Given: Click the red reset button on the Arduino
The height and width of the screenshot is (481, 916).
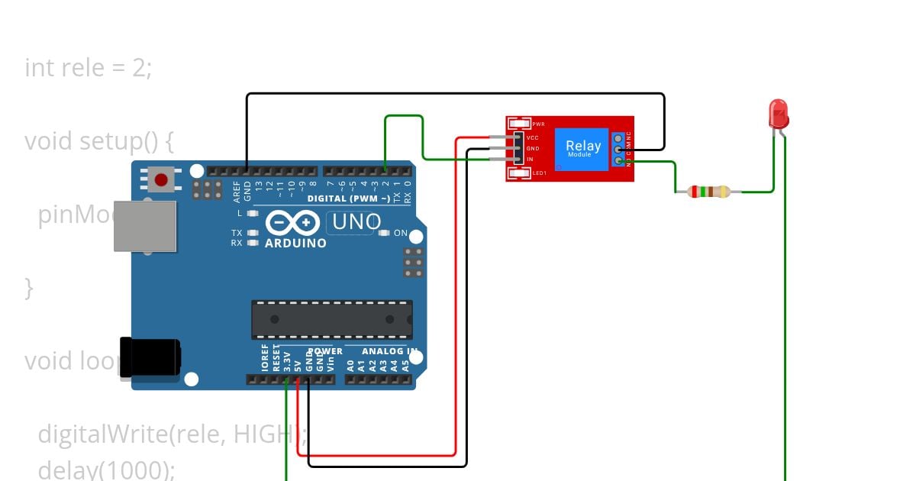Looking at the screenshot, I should (161, 180).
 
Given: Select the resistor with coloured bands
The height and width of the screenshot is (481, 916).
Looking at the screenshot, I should (709, 192).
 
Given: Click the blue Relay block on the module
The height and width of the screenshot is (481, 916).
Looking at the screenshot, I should (582, 147).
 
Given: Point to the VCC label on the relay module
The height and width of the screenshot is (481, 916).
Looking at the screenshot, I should (533, 137).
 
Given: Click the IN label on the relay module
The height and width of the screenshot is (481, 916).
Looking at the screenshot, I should (530, 159).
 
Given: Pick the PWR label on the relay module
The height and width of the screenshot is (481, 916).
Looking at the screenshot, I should (538, 124).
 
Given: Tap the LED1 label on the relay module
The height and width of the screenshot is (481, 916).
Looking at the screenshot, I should (539, 173).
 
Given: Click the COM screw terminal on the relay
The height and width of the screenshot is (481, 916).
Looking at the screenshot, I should (618, 150).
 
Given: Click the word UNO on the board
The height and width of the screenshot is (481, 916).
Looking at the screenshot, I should (356, 222).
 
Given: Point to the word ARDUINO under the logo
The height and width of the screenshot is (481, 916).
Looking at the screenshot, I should (295, 244).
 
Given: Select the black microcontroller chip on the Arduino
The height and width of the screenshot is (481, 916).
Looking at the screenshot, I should (332, 319).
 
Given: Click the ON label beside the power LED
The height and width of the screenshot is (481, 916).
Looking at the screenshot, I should (401, 234).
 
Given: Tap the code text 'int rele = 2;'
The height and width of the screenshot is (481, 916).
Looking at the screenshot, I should (89, 68).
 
